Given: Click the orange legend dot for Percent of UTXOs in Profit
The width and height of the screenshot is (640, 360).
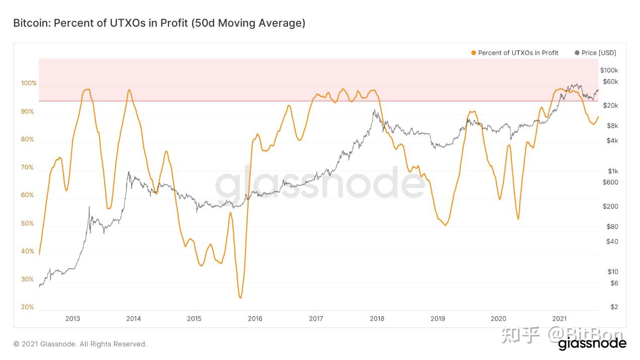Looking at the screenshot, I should click(473, 53).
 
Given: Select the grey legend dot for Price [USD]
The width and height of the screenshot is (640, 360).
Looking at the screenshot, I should click(577, 53).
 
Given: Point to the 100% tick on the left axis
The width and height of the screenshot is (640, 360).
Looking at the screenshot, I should click(28, 83).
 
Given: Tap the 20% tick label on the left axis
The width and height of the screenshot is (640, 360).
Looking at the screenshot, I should click(28, 307).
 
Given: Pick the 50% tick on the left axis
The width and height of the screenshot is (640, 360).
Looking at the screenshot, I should click(28, 223).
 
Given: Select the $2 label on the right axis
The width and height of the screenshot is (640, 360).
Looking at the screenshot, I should click(614, 307).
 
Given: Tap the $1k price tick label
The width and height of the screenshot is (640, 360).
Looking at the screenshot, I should click(613, 171).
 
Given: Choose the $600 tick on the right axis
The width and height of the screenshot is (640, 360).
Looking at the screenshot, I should click(610, 182).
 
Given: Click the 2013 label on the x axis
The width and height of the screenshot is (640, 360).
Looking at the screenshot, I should click(73, 319).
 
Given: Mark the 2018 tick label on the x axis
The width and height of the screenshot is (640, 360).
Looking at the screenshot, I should click(377, 319).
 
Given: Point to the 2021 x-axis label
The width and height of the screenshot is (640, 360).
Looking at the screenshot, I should click(559, 319).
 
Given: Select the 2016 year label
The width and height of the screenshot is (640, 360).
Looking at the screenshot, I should click(255, 319).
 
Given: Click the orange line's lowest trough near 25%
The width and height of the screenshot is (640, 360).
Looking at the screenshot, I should click(240, 297).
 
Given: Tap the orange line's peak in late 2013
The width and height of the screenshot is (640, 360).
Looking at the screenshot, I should click(129, 90).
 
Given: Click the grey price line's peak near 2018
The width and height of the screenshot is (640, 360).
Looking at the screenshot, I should click(374, 110).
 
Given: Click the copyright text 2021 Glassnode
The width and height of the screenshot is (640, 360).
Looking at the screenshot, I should click(80, 344).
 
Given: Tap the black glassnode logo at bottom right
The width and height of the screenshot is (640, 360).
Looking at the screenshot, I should click(592, 344).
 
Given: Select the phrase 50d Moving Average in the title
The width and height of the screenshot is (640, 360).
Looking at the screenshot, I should click(248, 23).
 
